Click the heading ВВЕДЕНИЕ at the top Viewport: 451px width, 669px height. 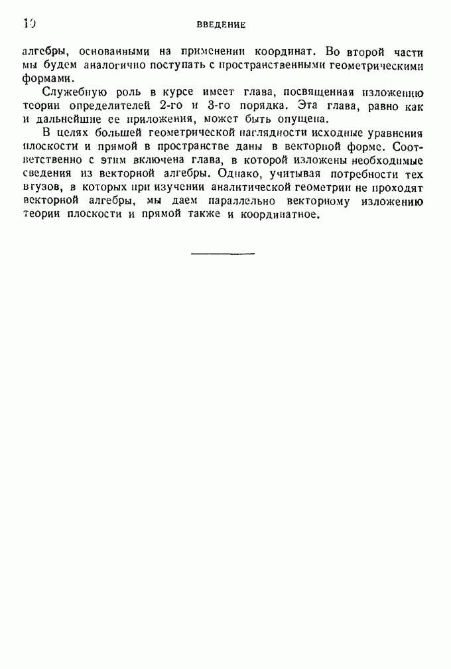tap(222, 25)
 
